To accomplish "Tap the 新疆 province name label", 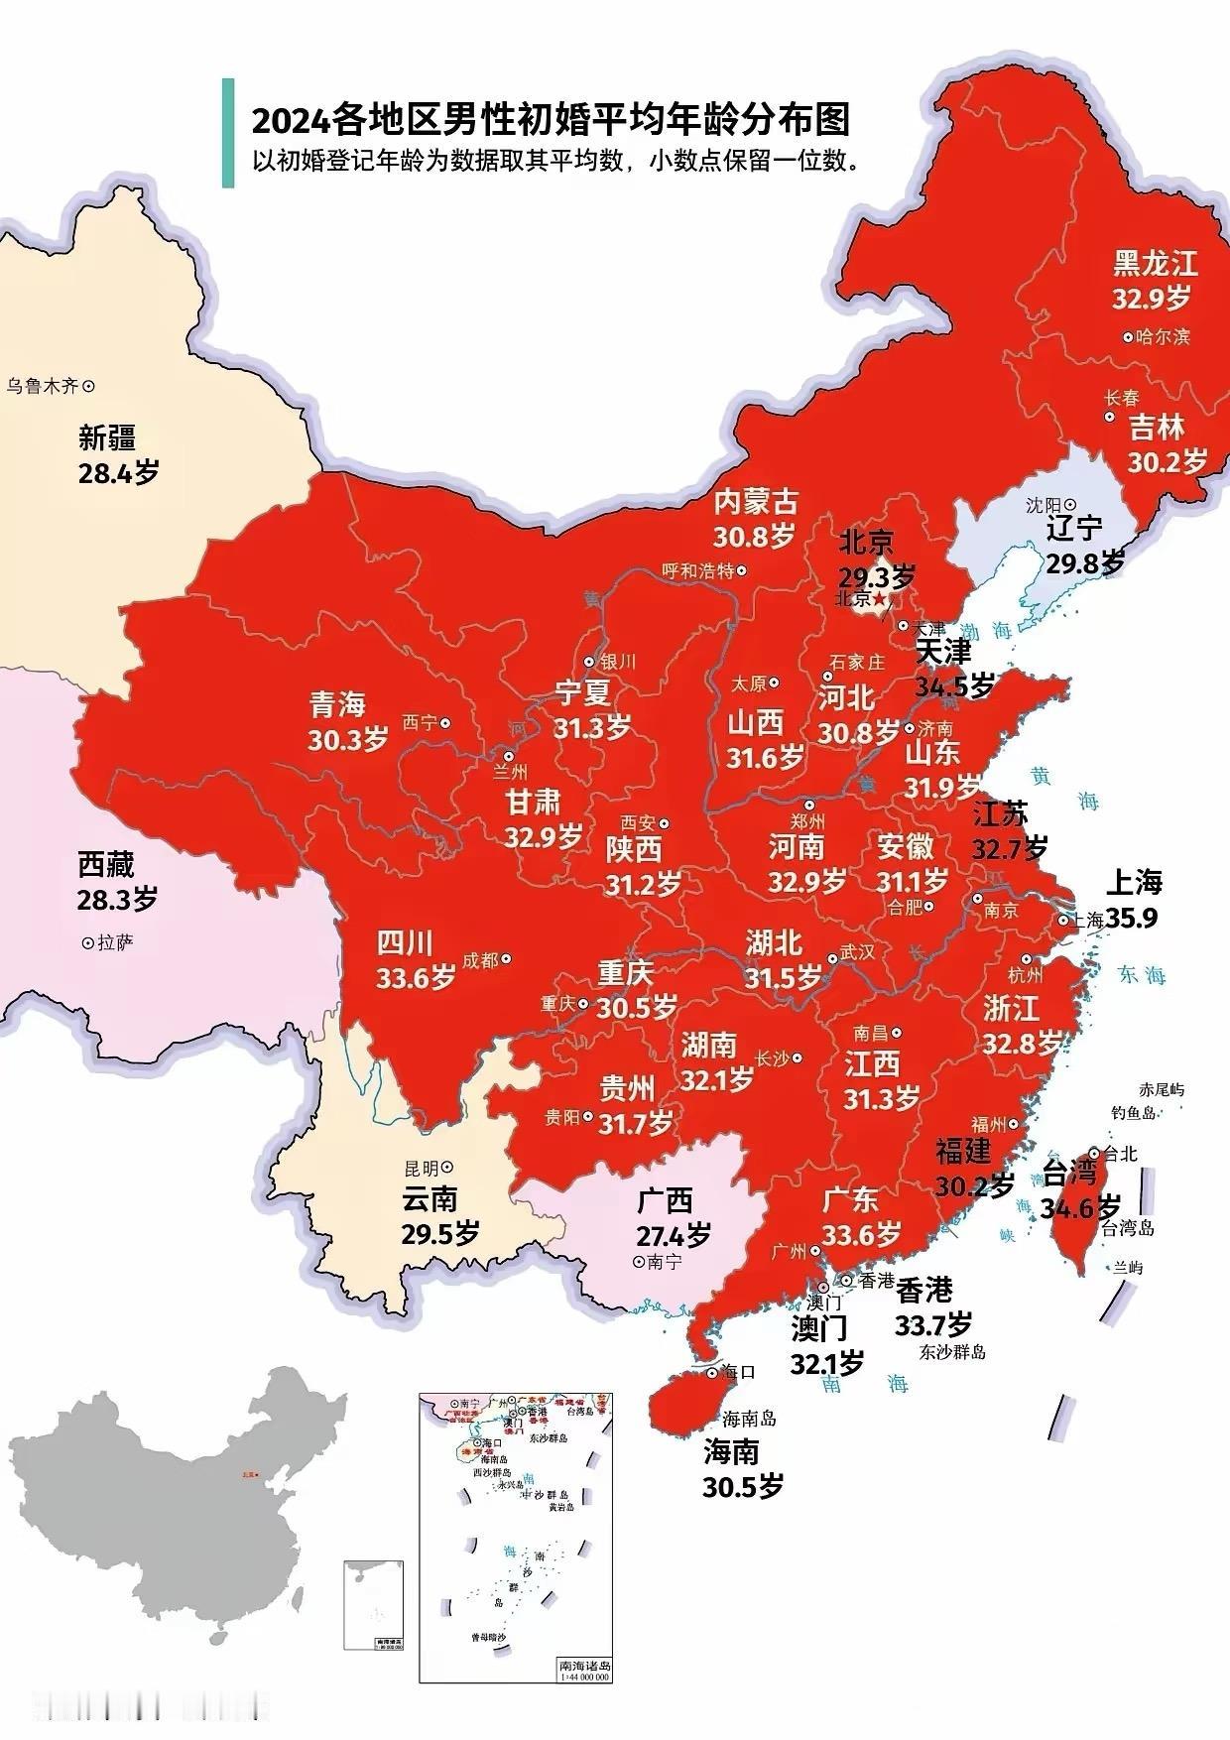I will tap(107, 437).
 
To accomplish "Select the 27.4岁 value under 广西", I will tap(674, 1235).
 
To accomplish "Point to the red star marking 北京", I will tap(879, 599).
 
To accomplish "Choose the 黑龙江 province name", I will tap(1155, 263).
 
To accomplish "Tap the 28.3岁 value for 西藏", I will tap(117, 900).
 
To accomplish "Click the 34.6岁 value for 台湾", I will tap(1081, 1207).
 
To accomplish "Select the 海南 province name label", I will tap(731, 1452).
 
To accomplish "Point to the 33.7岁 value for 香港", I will tap(933, 1323).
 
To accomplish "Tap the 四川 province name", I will tap(405, 942).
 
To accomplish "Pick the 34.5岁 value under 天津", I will tap(954, 685).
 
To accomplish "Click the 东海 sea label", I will tap(1142, 974).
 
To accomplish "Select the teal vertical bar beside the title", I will tap(228, 133).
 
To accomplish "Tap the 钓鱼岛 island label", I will tap(1132, 1113).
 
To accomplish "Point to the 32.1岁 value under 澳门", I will tap(826, 1362).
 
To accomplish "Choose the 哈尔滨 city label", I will tap(1163, 337).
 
